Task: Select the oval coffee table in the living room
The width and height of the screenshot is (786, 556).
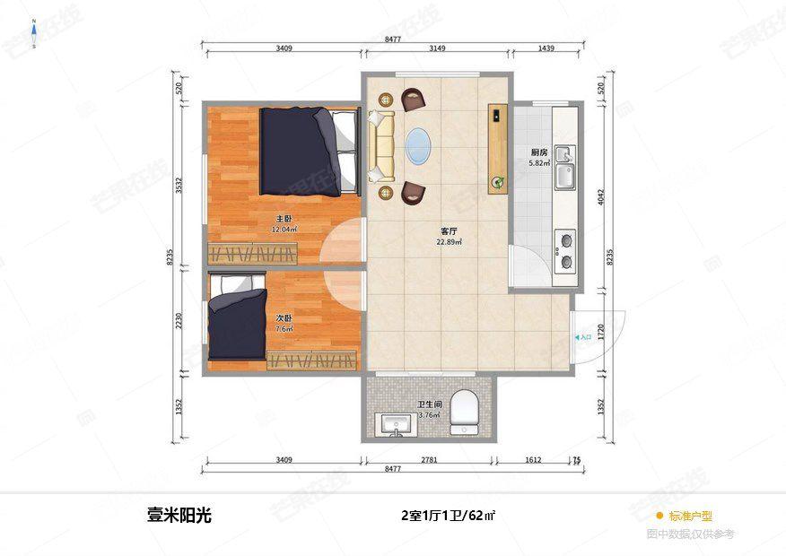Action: coord(419,146)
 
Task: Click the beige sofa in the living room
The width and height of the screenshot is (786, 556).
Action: coord(381,145)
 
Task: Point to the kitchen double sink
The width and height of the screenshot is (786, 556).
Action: coord(564,168)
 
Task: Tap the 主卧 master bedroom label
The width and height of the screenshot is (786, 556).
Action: coord(284,219)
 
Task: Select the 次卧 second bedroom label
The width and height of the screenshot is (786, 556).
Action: coord(283,318)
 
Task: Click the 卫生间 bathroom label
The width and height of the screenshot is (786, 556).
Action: coord(429,404)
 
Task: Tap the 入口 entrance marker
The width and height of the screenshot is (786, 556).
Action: coord(583,337)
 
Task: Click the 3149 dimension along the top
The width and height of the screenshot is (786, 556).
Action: coord(438,48)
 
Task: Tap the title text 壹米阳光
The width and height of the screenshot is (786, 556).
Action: coord(179,516)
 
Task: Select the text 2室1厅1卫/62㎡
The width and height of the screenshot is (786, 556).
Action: coord(449,516)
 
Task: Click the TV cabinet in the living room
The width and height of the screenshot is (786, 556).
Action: coord(498,148)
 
